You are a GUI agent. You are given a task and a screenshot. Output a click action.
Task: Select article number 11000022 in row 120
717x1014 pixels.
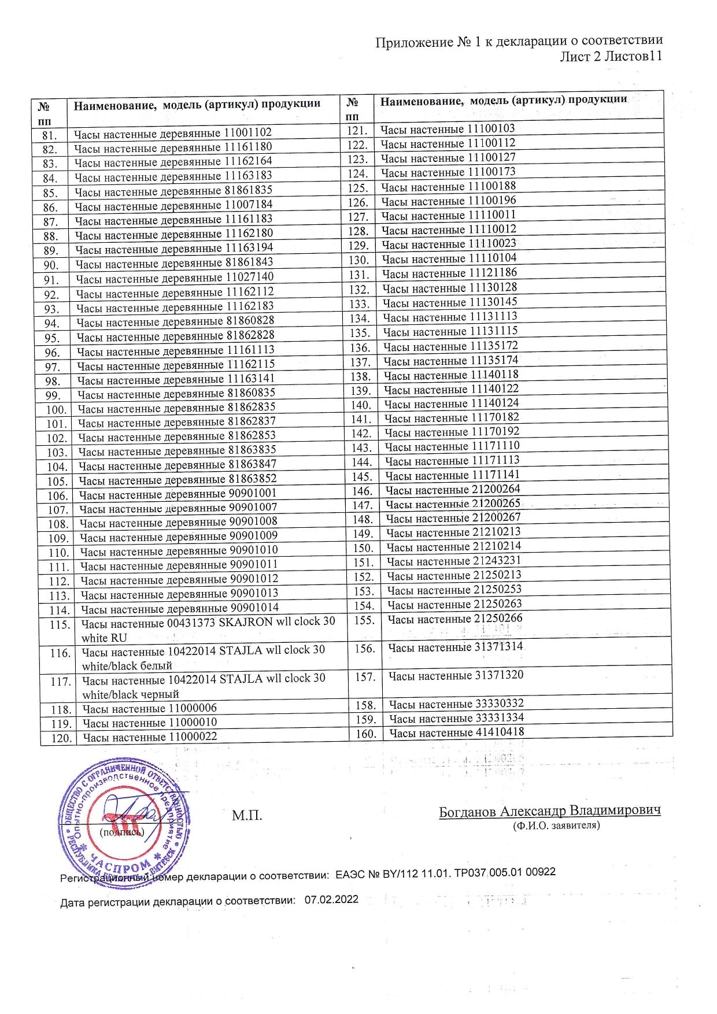[x=193, y=737]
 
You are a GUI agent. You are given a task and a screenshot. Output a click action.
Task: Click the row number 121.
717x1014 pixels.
[x=358, y=130]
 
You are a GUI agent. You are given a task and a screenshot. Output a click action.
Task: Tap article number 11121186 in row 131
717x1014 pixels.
[x=493, y=273]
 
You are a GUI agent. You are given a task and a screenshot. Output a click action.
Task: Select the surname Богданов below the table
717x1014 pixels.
[x=468, y=811]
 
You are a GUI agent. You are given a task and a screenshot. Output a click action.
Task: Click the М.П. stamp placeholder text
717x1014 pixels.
[x=247, y=816]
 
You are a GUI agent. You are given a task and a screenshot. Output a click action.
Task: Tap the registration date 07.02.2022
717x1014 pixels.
[x=331, y=900]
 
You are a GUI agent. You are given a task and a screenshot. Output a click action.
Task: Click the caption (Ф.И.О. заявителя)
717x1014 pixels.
[x=556, y=826]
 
